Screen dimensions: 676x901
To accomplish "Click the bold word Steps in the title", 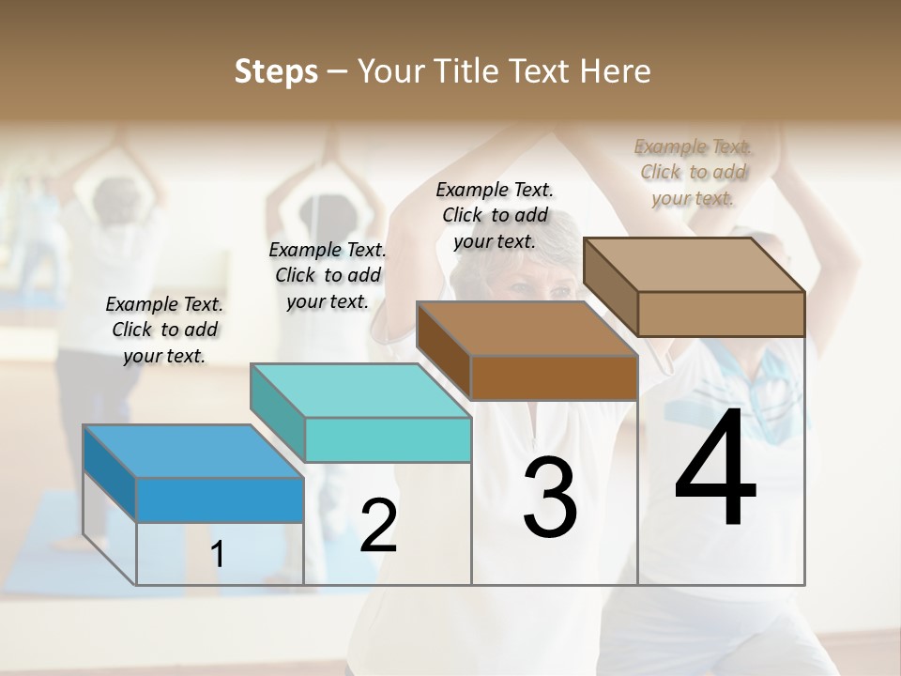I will click(x=276, y=71).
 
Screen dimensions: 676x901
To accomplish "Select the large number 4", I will click(x=716, y=471).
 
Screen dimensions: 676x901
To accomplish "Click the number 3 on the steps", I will click(x=550, y=499).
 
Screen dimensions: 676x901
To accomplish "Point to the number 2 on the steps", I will click(x=378, y=526).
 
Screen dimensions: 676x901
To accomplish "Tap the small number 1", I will click(x=218, y=555).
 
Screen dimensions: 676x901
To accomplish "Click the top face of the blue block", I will click(x=193, y=452).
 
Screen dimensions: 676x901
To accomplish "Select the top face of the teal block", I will click(x=360, y=391).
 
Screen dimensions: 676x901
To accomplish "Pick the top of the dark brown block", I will click(x=527, y=329).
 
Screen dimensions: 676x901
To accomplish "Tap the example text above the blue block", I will click(x=164, y=330).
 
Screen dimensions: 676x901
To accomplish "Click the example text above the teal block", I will click(x=328, y=275).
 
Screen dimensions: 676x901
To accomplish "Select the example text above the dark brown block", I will click(x=495, y=215).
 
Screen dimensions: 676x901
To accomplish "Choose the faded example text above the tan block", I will click(x=694, y=172).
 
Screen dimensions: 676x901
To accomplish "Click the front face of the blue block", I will click(x=220, y=499).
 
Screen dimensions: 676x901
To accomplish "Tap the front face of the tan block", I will click(x=721, y=314).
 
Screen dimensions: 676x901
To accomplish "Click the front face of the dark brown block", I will click(x=554, y=377).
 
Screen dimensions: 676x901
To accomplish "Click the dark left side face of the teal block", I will click(x=278, y=413).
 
